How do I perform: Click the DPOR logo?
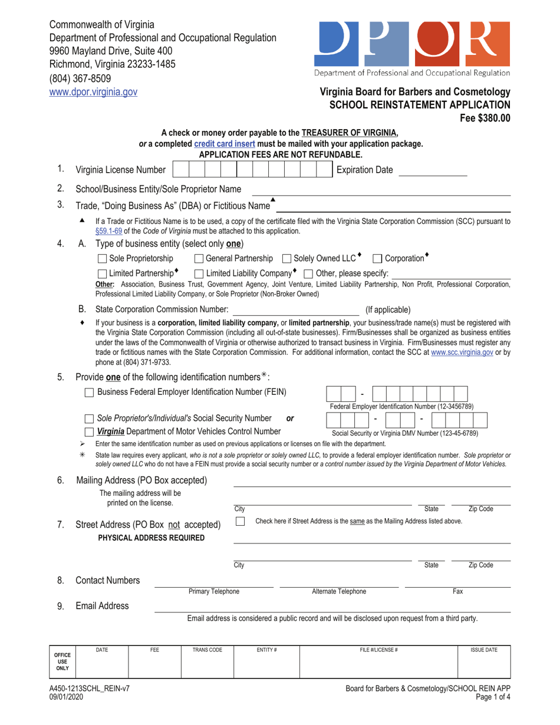tap(412, 44)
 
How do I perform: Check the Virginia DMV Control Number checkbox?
tap(89, 431)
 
